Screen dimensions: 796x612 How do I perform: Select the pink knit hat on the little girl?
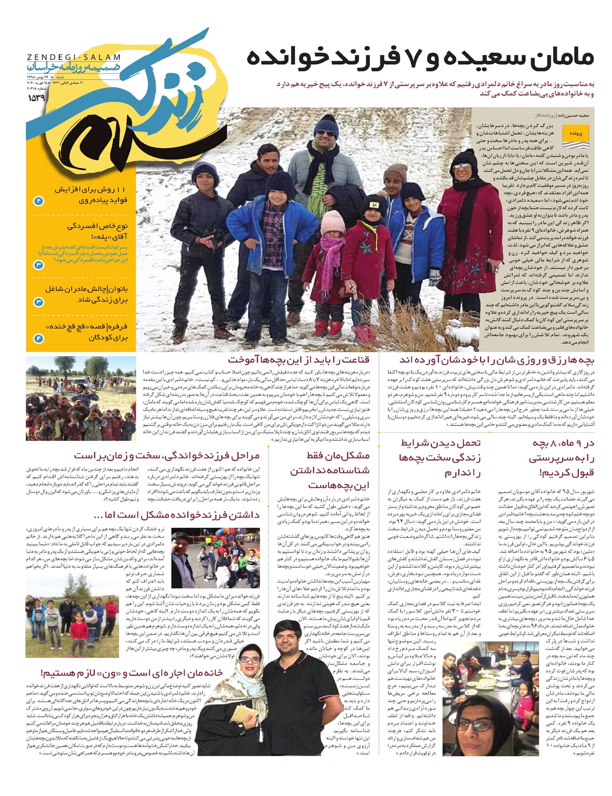tap(333, 222)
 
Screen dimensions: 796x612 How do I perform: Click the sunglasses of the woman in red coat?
tap(463, 167)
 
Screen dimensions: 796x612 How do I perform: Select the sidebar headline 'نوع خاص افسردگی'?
tap(97, 226)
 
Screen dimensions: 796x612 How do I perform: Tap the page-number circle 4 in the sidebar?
tap(39, 338)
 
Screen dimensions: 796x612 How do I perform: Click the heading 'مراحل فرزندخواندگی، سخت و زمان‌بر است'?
tap(167, 455)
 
